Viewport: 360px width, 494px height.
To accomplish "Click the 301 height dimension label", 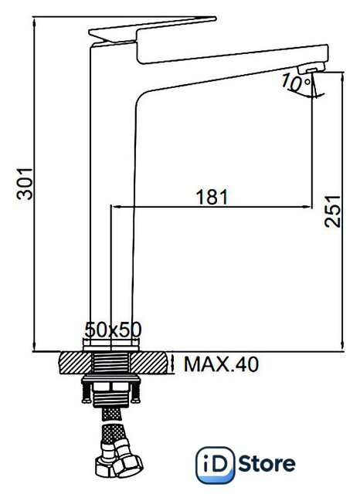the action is tap(25, 184).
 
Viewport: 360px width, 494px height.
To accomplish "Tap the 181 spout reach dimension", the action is tap(212, 197).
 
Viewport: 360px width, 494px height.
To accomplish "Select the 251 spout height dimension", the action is tap(333, 211).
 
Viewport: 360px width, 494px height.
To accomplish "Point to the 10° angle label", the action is tap(296, 83).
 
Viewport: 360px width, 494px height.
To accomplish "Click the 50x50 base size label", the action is tap(113, 330).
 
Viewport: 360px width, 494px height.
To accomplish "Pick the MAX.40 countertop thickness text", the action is tap(221, 364).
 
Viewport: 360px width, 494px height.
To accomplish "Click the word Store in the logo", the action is tap(267, 464).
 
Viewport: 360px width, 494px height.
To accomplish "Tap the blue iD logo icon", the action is tap(216, 465).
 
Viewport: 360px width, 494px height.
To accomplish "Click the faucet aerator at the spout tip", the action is tap(311, 68).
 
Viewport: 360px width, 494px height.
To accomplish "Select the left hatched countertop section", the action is tap(76, 363).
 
